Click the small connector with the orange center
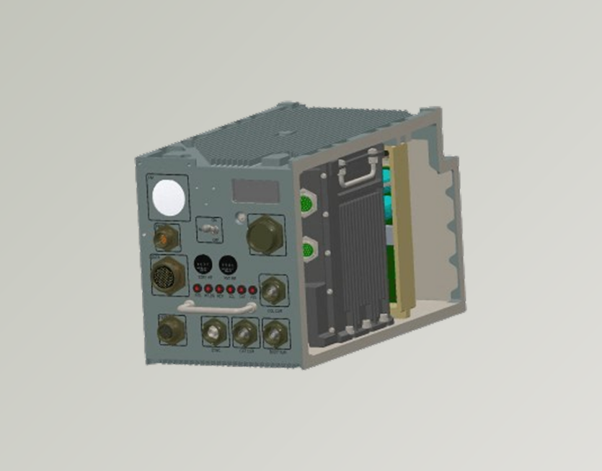click(x=167, y=235)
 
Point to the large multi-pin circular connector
click(x=167, y=275)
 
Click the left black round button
click(x=204, y=264)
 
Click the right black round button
click(x=228, y=265)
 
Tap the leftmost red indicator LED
click(x=196, y=289)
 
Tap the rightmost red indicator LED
click(x=253, y=291)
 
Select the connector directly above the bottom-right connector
click(x=273, y=291)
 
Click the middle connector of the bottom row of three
click(x=244, y=333)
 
